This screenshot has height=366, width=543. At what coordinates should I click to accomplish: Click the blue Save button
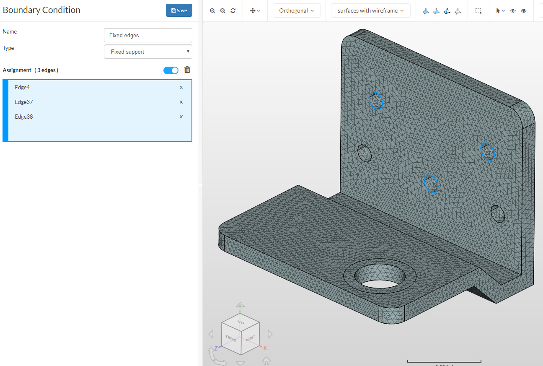click(179, 10)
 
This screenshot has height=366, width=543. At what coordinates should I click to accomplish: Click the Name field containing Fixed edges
click(148, 35)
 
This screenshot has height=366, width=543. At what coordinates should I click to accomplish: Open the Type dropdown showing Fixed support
click(148, 52)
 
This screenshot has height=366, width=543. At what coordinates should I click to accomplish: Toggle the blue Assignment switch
click(171, 70)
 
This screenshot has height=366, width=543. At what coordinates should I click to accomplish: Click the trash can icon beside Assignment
click(187, 70)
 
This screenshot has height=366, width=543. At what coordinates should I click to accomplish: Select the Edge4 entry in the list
click(23, 87)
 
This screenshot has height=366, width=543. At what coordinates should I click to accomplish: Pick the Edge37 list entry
click(24, 102)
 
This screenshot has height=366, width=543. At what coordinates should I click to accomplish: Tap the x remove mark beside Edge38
click(181, 117)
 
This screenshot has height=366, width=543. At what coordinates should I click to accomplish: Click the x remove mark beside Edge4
click(181, 87)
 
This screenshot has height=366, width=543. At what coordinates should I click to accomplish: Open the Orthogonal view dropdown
click(296, 10)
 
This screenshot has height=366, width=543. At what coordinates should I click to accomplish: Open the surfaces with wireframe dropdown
click(370, 10)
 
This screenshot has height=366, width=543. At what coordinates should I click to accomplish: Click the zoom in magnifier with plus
click(212, 11)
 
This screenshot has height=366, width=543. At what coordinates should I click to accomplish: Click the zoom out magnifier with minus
click(223, 11)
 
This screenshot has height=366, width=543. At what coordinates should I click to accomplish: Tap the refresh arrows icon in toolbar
click(233, 11)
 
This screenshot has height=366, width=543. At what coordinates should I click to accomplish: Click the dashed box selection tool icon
click(478, 11)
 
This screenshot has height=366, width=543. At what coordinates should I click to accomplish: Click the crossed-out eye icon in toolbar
click(513, 11)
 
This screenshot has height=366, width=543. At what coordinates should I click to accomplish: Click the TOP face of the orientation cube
click(240, 322)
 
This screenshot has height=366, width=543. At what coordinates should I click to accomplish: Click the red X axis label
click(265, 348)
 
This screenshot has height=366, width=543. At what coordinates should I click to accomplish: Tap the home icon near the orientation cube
click(266, 360)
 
